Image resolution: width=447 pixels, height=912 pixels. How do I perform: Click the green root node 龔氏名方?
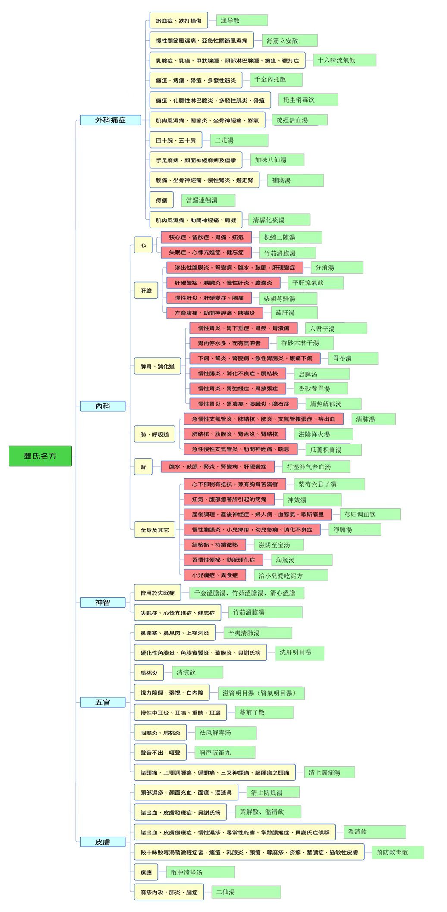click(40, 456)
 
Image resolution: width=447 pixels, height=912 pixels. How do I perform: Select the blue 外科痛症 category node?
click(110, 120)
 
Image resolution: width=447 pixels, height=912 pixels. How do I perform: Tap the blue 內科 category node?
click(103, 406)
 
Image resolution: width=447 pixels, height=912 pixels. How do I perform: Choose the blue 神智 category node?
click(103, 602)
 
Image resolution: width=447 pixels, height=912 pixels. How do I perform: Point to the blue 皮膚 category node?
click(103, 842)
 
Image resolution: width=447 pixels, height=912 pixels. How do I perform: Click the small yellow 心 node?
click(143, 245)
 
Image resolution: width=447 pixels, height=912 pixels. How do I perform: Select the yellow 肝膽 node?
click(146, 290)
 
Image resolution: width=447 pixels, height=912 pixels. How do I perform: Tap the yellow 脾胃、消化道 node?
click(157, 366)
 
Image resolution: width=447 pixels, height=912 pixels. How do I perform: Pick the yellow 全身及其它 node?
click(154, 530)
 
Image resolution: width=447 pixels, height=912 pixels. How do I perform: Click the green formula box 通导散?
click(242, 20)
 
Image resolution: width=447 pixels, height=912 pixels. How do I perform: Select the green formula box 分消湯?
click(337, 267)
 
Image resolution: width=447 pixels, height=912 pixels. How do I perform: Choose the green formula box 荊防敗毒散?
click(397, 852)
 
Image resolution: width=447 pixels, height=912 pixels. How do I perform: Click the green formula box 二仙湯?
click(246, 892)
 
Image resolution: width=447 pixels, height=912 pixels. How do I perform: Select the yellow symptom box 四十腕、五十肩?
click(176, 140)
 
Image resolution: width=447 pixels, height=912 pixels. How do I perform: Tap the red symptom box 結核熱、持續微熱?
click(215, 545)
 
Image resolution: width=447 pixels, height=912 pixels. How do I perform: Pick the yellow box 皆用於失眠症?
click(157, 593)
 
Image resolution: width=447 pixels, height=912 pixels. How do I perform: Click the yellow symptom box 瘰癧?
click(146, 872)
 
